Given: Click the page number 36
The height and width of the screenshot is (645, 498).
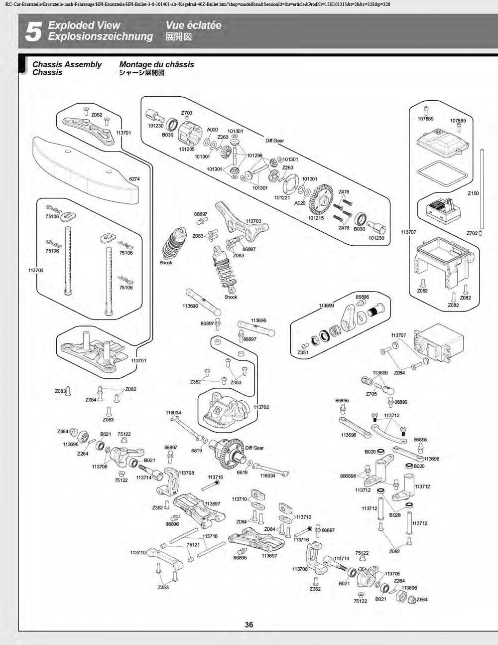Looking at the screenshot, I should (x=249, y=625).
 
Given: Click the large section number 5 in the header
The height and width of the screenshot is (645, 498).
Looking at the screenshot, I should (x=33, y=31).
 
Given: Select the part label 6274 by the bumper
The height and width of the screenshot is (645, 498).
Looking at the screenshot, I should (x=134, y=179).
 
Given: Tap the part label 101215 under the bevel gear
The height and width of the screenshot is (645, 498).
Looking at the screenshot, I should (x=316, y=218).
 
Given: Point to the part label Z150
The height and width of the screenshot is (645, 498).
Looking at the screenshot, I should (x=473, y=193).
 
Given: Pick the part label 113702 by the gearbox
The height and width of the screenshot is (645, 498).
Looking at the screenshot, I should (x=261, y=407).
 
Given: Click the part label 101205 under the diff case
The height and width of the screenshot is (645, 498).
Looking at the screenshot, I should (x=187, y=149).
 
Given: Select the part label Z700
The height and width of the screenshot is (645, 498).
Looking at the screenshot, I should (x=186, y=113).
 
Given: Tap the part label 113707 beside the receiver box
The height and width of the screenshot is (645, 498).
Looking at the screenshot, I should (x=408, y=232).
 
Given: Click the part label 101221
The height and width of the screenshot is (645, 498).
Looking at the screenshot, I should (x=282, y=197).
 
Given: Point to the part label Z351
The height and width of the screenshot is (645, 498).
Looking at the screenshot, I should (x=303, y=352).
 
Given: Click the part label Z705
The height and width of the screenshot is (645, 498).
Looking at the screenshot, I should (x=371, y=394).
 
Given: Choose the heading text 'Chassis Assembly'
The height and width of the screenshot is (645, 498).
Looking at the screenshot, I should (x=67, y=64).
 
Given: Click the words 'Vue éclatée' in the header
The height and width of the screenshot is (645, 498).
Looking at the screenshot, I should (x=194, y=25).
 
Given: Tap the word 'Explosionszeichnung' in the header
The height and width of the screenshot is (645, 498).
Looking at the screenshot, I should (x=101, y=36).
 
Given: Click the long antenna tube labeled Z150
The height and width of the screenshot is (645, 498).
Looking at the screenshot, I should (x=483, y=189).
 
